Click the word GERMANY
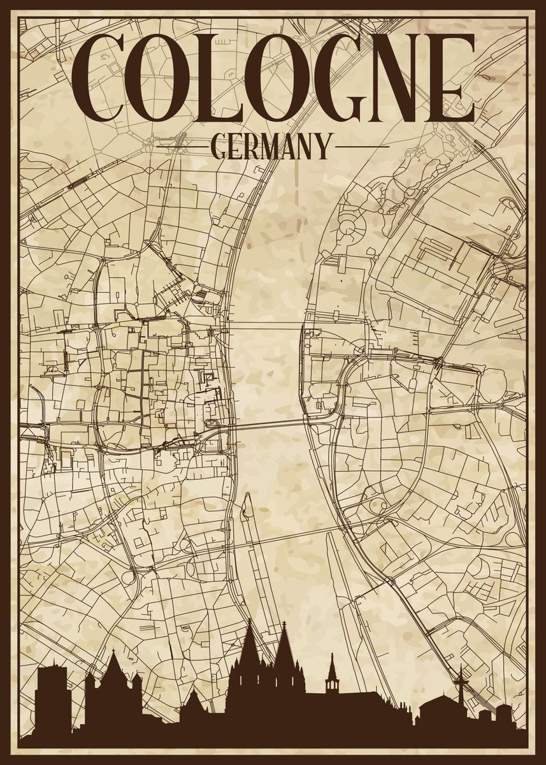pyautogui.click(x=272, y=146)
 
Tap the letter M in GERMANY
pyautogui.click(x=277, y=146)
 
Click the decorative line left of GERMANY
pyautogui.click(x=182, y=146)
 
